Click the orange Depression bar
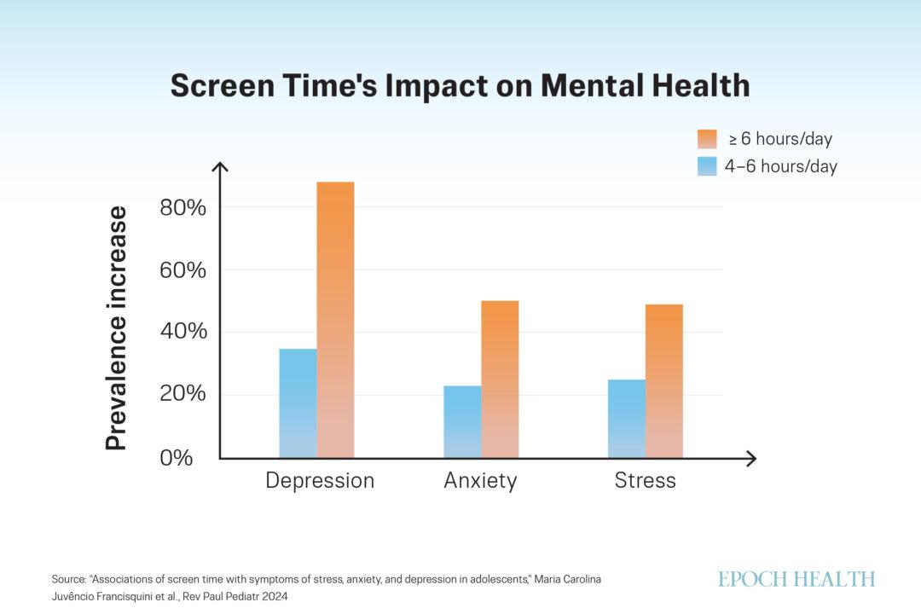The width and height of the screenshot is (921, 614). click(x=335, y=320)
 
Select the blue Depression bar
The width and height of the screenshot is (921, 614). click(x=298, y=403)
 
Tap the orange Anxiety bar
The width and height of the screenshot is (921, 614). click(x=500, y=379)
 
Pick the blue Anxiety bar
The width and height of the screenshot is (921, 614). click(x=462, y=422)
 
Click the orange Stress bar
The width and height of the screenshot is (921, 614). click(x=664, y=381)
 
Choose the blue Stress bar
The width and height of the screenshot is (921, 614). click(x=627, y=419)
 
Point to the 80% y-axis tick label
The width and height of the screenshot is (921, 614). click(x=183, y=207)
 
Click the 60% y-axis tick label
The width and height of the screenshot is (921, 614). click(x=183, y=270)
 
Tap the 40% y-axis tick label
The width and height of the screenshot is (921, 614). click(x=183, y=332)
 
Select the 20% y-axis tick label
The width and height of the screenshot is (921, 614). click(x=183, y=395)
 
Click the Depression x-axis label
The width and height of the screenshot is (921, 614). click(x=320, y=481)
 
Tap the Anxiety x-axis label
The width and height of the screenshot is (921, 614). click(x=480, y=481)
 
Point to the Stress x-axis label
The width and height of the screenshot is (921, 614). click(x=646, y=481)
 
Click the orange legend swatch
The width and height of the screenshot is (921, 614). click(x=707, y=139)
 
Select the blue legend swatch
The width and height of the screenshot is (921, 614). click(x=707, y=166)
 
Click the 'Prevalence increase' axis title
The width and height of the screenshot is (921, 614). click(x=117, y=328)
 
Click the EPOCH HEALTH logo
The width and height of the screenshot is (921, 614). click(x=796, y=579)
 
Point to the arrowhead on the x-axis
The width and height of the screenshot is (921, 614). click(x=750, y=459)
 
